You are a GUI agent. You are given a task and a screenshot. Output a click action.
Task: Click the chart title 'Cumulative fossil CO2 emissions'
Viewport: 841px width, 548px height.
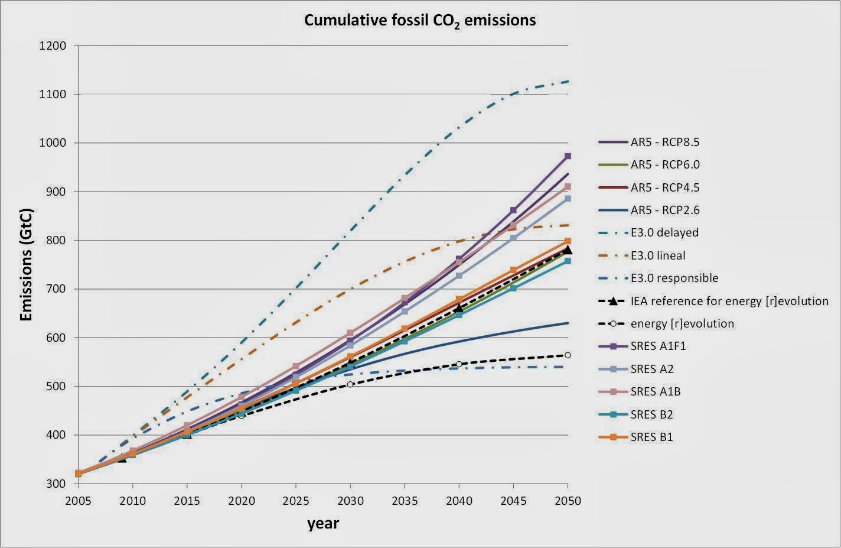[x=420, y=21]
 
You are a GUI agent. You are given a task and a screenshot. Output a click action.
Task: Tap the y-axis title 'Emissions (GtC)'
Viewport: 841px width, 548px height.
[x=26, y=265]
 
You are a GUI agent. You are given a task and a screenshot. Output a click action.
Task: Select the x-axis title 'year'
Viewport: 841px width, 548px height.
[x=323, y=523]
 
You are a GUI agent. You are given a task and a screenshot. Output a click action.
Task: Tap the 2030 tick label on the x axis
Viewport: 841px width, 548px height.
[x=350, y=501]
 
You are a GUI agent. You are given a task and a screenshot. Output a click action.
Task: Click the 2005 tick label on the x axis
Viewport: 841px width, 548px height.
[x=79, y=501]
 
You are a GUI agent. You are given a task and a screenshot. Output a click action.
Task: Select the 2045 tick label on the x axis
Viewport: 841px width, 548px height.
[x=513, y=501]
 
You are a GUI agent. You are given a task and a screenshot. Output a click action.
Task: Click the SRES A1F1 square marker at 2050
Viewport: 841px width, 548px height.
[x=568, y=156]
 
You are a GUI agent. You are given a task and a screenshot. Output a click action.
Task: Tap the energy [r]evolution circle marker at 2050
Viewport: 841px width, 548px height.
[x=568, y=355]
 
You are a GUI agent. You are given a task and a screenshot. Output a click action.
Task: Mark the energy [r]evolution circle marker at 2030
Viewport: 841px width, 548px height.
[x=350, y=384]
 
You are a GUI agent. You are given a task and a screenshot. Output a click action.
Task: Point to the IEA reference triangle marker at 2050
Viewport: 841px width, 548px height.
[x=568, y=250]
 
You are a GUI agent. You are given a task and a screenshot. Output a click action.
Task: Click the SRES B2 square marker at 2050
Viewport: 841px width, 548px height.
[x=568, y=261]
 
